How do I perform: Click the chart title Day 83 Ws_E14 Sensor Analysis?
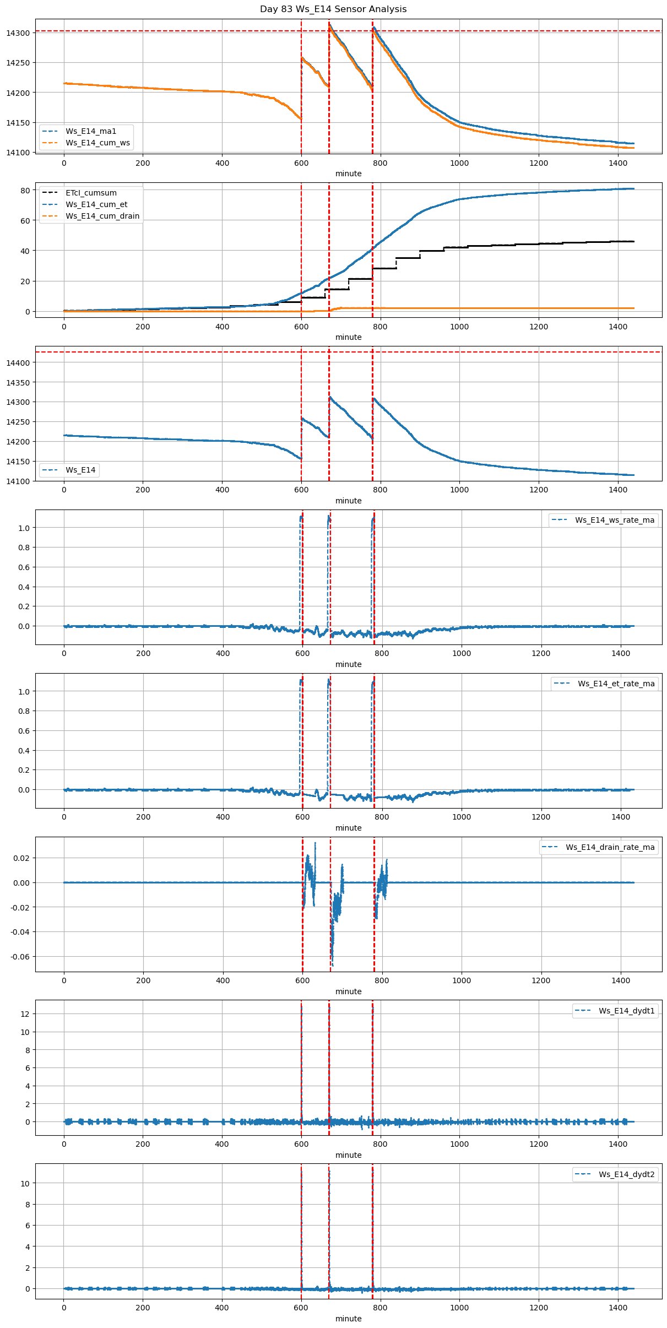[x=333, y=9]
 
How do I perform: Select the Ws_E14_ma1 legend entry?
[x=91, y=131]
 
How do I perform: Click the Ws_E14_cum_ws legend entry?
[x=97, y=143]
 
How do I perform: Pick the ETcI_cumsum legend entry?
[x=91, y=193]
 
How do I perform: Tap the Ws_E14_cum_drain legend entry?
[x=102, y=216]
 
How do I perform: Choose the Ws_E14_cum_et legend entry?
[x=96, y=204]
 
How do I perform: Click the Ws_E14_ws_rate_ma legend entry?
[x=615, y=520]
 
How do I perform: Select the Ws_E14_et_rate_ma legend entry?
[x=616, y=684]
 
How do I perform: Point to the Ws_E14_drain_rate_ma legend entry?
[x=610, y=847]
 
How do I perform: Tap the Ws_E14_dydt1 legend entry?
[x=627, y=1011]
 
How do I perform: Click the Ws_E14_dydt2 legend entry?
[x=627, y=1174]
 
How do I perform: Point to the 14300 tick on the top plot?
[x=18, y=33]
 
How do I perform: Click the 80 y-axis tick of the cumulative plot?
[x=25, y=191]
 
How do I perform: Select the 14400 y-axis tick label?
[x=18, y=362]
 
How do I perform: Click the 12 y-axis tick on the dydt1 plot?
[x=25, y=1014]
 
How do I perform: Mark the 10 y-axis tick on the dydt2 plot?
[x=25, y=1183]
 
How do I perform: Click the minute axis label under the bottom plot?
[x=349, y=1319]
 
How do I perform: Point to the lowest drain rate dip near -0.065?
[x=333, y=965]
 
